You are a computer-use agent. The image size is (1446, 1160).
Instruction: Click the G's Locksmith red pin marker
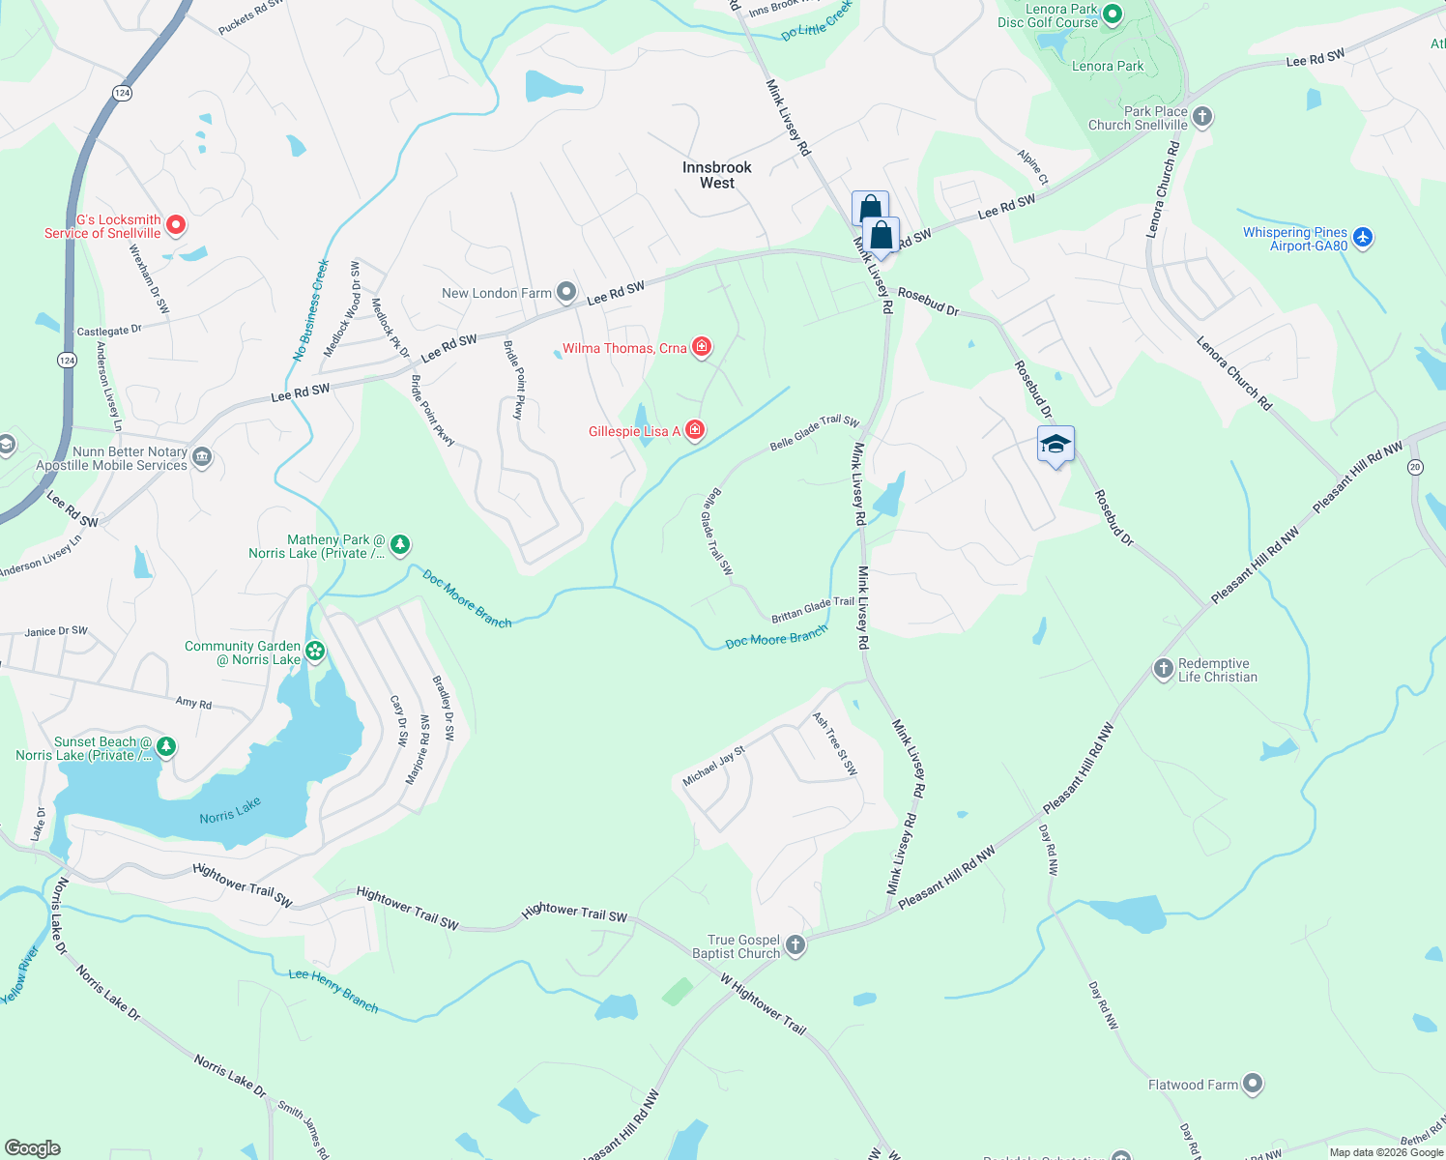click(x=176, y=225)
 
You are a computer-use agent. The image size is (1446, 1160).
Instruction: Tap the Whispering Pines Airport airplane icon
click(x=1363, y=237)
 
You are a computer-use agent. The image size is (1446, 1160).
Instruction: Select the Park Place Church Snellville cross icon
click(x=1202, y=117)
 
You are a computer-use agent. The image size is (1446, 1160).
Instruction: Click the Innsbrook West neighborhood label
click(x=716, y=175)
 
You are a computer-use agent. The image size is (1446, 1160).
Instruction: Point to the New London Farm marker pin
click(x=567, y=292)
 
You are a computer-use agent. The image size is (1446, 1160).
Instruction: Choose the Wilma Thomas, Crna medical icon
click(x=702, y=347)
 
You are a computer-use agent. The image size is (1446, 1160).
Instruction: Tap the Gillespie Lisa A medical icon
click(x=695, y=430)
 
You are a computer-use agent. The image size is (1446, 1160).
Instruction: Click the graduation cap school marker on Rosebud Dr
click(x=1056, y=445)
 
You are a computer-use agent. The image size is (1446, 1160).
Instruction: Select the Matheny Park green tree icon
click(x=400, y=545)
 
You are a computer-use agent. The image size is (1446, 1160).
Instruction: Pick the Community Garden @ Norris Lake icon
click(x=315, y=652)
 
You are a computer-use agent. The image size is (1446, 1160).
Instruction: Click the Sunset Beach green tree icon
click(x=166, y=746)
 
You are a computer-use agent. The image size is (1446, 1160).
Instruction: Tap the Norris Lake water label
click(x=230, y=811)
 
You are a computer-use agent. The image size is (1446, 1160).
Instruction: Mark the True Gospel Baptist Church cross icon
click(x=795, y=944)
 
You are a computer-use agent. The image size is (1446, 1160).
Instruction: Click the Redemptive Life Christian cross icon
click(x=1164, y=668)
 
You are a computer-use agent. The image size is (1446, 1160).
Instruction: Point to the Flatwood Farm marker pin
click(x=1253, y=1084)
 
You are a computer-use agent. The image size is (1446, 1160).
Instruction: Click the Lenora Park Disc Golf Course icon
click(x=1112, y=14)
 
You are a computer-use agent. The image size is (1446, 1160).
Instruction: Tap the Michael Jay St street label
click(x=713, y=766)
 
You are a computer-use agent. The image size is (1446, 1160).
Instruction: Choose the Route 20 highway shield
click(x=1415, y=467)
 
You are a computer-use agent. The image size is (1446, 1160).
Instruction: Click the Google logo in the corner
click(x=32, y=1148)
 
